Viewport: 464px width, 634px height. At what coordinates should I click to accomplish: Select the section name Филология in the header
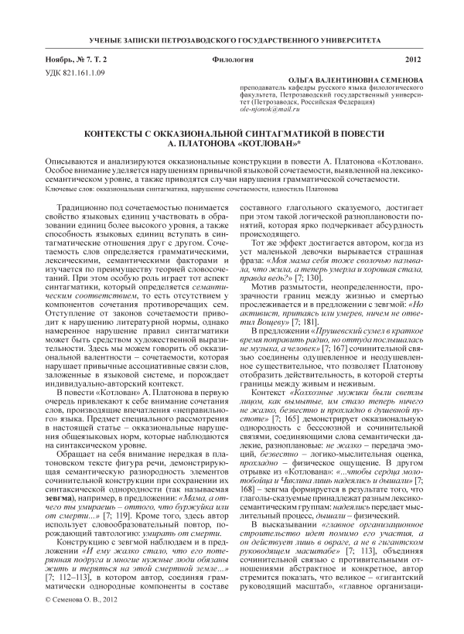click(232, 60)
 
